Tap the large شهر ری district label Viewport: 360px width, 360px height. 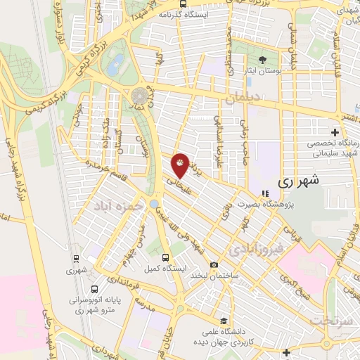(x=298, y=180)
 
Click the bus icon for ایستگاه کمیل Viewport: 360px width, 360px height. (x=165, y=257)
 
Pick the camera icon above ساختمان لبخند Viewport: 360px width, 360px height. (x=214, y=264)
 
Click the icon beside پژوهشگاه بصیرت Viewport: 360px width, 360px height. (x=265, y=193)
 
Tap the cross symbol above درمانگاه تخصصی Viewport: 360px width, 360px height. (x=335, y=132)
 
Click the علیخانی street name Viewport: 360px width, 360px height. (x=178, y=185)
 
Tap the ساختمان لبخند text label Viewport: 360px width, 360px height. (x=214, y=275)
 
